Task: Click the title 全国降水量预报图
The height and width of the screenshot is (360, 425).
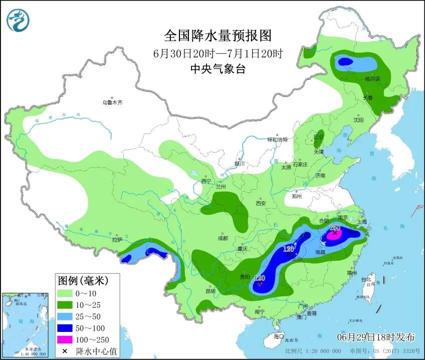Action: pos(218,36)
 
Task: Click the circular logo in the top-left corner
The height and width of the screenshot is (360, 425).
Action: pos(18,20)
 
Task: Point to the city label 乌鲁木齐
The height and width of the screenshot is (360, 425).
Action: pos(112,102)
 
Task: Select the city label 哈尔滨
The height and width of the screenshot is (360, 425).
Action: pos(372,79)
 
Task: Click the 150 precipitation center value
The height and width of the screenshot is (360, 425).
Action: pos(335,228)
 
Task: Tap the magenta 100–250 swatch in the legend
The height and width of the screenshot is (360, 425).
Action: pos(65,339)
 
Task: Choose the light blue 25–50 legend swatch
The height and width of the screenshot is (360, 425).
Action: pos(65,316)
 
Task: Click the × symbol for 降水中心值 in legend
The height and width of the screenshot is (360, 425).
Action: pos(65,350)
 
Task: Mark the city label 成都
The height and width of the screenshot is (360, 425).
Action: pos(223,238)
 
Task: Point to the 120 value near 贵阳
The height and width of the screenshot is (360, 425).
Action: pos(260,278)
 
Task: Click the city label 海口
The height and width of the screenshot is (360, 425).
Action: pos(279,336)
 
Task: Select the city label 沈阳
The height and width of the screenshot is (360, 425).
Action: pos(358,120)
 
